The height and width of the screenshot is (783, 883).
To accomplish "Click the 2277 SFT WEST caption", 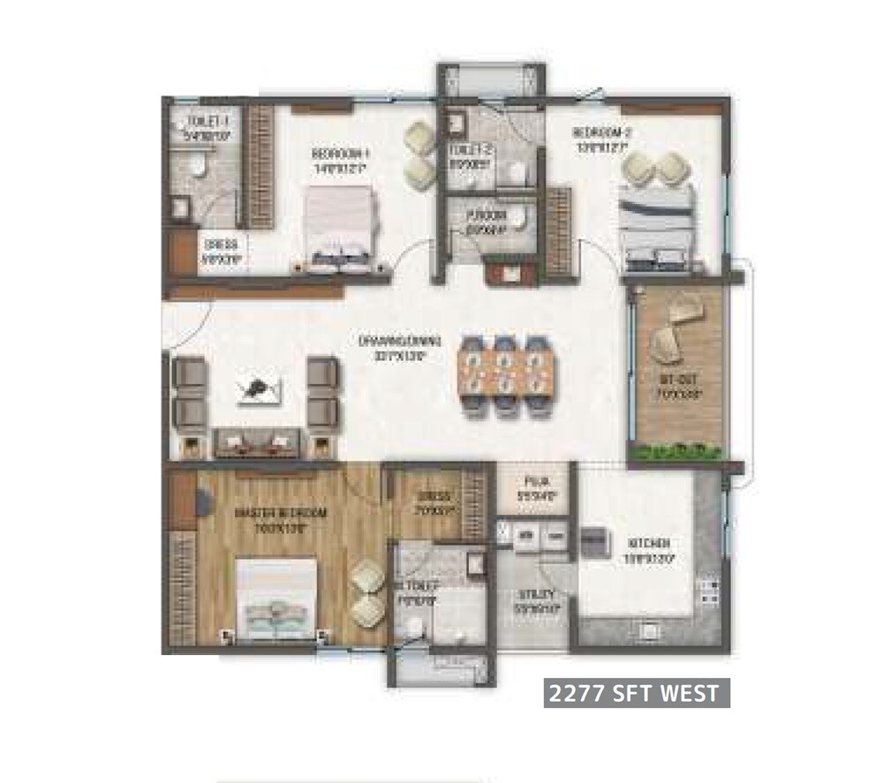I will click(x=636, y=694).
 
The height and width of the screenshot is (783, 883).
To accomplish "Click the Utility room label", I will click(x=535, y=596).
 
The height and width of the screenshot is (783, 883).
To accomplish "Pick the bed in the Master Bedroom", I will click(x=276, y=596).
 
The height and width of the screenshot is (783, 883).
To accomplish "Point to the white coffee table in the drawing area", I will click(x=260, y=389).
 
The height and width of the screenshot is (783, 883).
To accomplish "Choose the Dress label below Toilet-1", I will click(x=217, y=245).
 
